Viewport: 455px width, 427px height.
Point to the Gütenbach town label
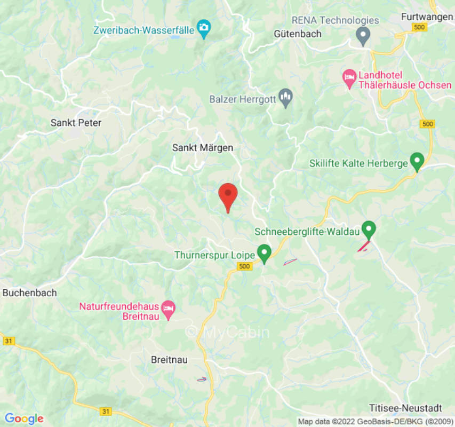pyautogui.click(x=298, y=34)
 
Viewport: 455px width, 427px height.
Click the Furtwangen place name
pyautogui.click(x=427, y=17)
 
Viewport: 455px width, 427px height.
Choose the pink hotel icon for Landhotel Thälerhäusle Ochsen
pyautogui.click(x=349, y=79)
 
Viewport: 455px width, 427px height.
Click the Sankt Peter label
pyautogui.click(x=76, y=123)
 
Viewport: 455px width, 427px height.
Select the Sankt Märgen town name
pyautogui.click(x=203, y=148)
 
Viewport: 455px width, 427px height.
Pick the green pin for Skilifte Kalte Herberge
pyautogui.click(x=417, y=161)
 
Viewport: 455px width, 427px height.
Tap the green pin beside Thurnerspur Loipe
pyautogui.click(x=264, y=252)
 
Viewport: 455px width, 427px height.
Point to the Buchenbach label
pyautogui.click(x=29, y=293)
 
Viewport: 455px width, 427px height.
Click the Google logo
pyautogui.click(x=23, y=418)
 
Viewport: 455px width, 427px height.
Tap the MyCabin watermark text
pyautogui.click(x=227, y=332)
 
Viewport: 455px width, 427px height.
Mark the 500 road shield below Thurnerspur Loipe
pyautogui.click(x=245, y=266)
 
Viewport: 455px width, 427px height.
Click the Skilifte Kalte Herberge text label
pyautogui.click(x=358, y=163)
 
